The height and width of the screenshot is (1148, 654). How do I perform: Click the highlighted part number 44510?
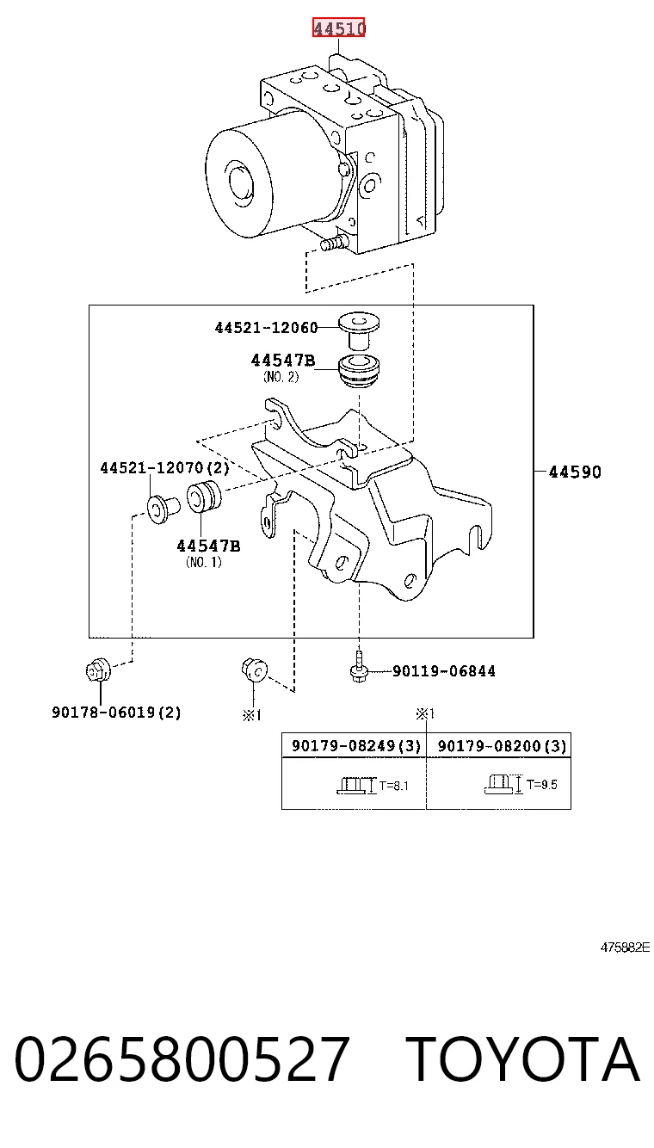339,28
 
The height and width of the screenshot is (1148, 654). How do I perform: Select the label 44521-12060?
267,328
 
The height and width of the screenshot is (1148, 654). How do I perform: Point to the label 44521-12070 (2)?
165,467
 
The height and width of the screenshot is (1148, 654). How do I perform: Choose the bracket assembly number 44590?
575,472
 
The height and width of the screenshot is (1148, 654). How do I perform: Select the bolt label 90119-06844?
444,671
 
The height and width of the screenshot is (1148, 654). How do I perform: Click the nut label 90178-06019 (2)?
116,712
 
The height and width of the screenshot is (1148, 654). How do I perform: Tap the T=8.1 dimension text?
393,785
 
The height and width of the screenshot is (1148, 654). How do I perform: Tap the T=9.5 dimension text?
542,784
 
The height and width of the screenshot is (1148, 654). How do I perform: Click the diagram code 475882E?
625,947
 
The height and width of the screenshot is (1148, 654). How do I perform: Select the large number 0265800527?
182,1059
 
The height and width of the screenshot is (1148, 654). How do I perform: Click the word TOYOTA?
523,1059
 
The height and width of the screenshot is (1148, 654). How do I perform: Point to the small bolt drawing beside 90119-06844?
359,667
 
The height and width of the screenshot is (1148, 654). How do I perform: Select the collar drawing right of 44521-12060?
359,330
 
